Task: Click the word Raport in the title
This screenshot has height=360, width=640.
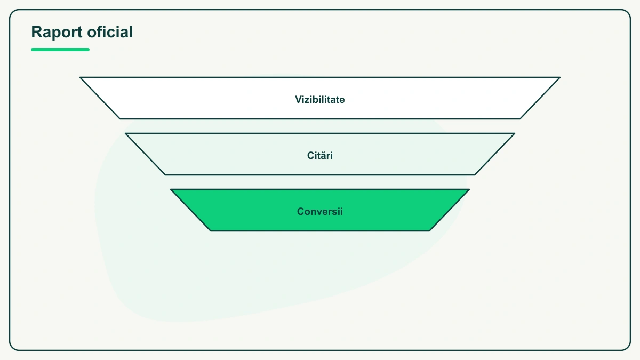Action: tap(57, 32)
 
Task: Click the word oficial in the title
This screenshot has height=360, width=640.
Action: tap(110, 31)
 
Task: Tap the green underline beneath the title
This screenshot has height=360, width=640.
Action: tap(60, 50)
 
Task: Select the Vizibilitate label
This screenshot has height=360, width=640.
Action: tap(319, 99)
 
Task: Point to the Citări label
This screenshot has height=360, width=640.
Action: tap(319, 155)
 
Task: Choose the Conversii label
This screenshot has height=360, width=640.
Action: tap(319, 211)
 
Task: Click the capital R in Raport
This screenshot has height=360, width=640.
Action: tap(37, 31)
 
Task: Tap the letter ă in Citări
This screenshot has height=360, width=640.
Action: tap(323, 155)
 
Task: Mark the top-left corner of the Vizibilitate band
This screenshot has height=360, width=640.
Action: tap(80, 77)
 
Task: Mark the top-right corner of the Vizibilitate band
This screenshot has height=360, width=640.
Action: tap(560, 77)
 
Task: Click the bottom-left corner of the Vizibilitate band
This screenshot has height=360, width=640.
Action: tap(120, 119)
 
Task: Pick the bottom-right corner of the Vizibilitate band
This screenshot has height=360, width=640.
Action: tap(520, 119)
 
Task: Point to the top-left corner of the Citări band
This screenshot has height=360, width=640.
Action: tap(125, 133)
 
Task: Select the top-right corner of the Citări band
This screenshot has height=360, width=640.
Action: tap(515, 133)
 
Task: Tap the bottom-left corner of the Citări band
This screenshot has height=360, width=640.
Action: tap(165, 175)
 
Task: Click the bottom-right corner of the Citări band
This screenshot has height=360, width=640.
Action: tap(475, 175)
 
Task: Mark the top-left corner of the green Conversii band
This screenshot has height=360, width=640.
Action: tap(171, 189)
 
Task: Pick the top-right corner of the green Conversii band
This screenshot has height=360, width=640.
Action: tap(469, 189)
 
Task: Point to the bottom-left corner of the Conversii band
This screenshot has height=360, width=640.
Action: tap(211, 231)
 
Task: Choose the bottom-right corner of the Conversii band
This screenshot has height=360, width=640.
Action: tap(429, 231)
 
